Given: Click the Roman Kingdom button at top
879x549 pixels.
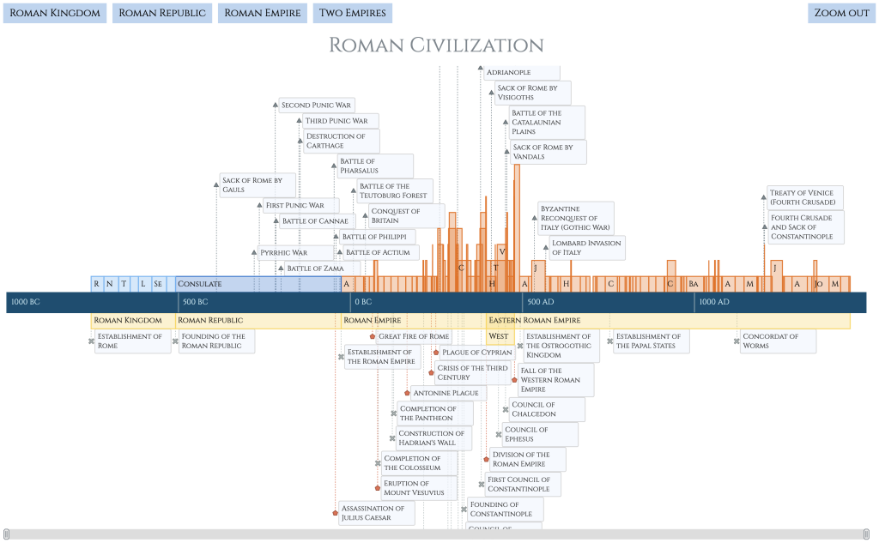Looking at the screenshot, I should tap(55, 13).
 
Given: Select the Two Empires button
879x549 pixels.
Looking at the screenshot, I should tap(353, 13).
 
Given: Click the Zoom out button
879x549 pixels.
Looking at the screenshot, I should tap(841, 13).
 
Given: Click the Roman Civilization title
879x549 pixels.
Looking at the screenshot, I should tap(436, 45).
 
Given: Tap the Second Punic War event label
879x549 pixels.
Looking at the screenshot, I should tap(316, 106).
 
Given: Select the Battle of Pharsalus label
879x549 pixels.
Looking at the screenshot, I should tap(374, 166).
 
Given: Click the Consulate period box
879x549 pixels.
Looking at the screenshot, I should tap(255, 284).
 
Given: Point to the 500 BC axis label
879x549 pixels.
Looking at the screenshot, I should tap(196, 302).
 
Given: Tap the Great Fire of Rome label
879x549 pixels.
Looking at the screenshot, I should tap(414, 336).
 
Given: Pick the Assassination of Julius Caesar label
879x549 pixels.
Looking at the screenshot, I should tap(376, 513).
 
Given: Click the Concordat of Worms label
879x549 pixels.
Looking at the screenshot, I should tap(777, 341).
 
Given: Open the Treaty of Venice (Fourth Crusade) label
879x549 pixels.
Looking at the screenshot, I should tap(805, 197).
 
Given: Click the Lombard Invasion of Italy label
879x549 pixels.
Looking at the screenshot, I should tap(586, 248).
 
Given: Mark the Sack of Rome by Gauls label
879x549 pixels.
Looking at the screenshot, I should tap(257, 185).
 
